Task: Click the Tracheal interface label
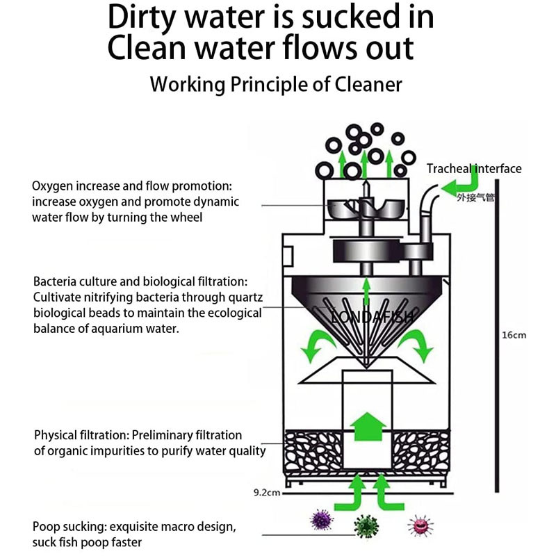pos(473,168)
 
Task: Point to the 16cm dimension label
pos(514,335)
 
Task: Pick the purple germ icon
pos(322,520)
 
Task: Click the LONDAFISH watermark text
pos(372,317)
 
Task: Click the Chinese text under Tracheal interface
pos(475,197)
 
